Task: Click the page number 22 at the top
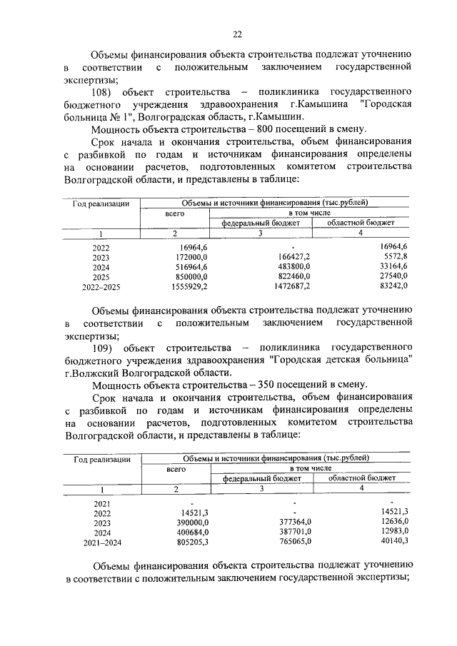click(238, 34)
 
